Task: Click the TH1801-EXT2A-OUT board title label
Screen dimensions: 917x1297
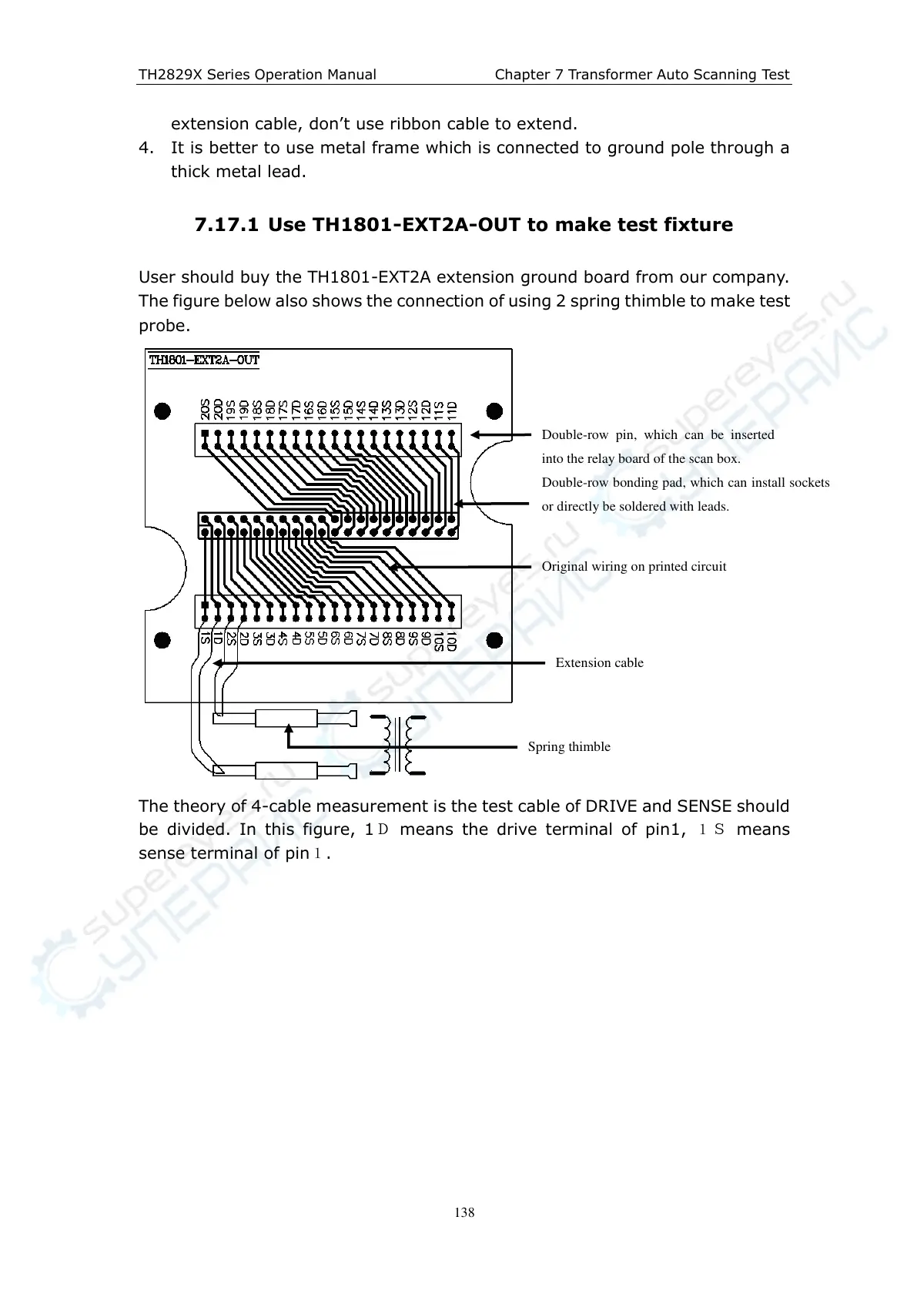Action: pos(204,360)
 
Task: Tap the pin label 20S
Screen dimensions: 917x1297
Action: pos(205,409)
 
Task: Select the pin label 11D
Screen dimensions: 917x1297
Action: pos(452,409)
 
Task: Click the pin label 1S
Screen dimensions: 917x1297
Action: pos(205,638)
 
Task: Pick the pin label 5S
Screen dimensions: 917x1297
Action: pos(309,638)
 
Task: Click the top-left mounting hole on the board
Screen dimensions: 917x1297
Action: pos(162,411)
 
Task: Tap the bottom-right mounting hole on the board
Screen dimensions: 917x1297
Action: pos(495,640)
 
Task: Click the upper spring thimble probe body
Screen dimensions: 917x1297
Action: pos(286,719)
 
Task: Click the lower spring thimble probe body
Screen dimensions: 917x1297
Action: pos(286,770)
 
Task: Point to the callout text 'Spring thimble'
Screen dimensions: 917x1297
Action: pos(569,746)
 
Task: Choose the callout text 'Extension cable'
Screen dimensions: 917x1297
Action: pos(599,662)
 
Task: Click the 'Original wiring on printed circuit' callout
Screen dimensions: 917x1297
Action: pos(634,566)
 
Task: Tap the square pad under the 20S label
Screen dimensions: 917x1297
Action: pos(205,433)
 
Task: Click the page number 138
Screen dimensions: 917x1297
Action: pos(464,1212)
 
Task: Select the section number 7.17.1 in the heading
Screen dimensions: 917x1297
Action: pos(226,225)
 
